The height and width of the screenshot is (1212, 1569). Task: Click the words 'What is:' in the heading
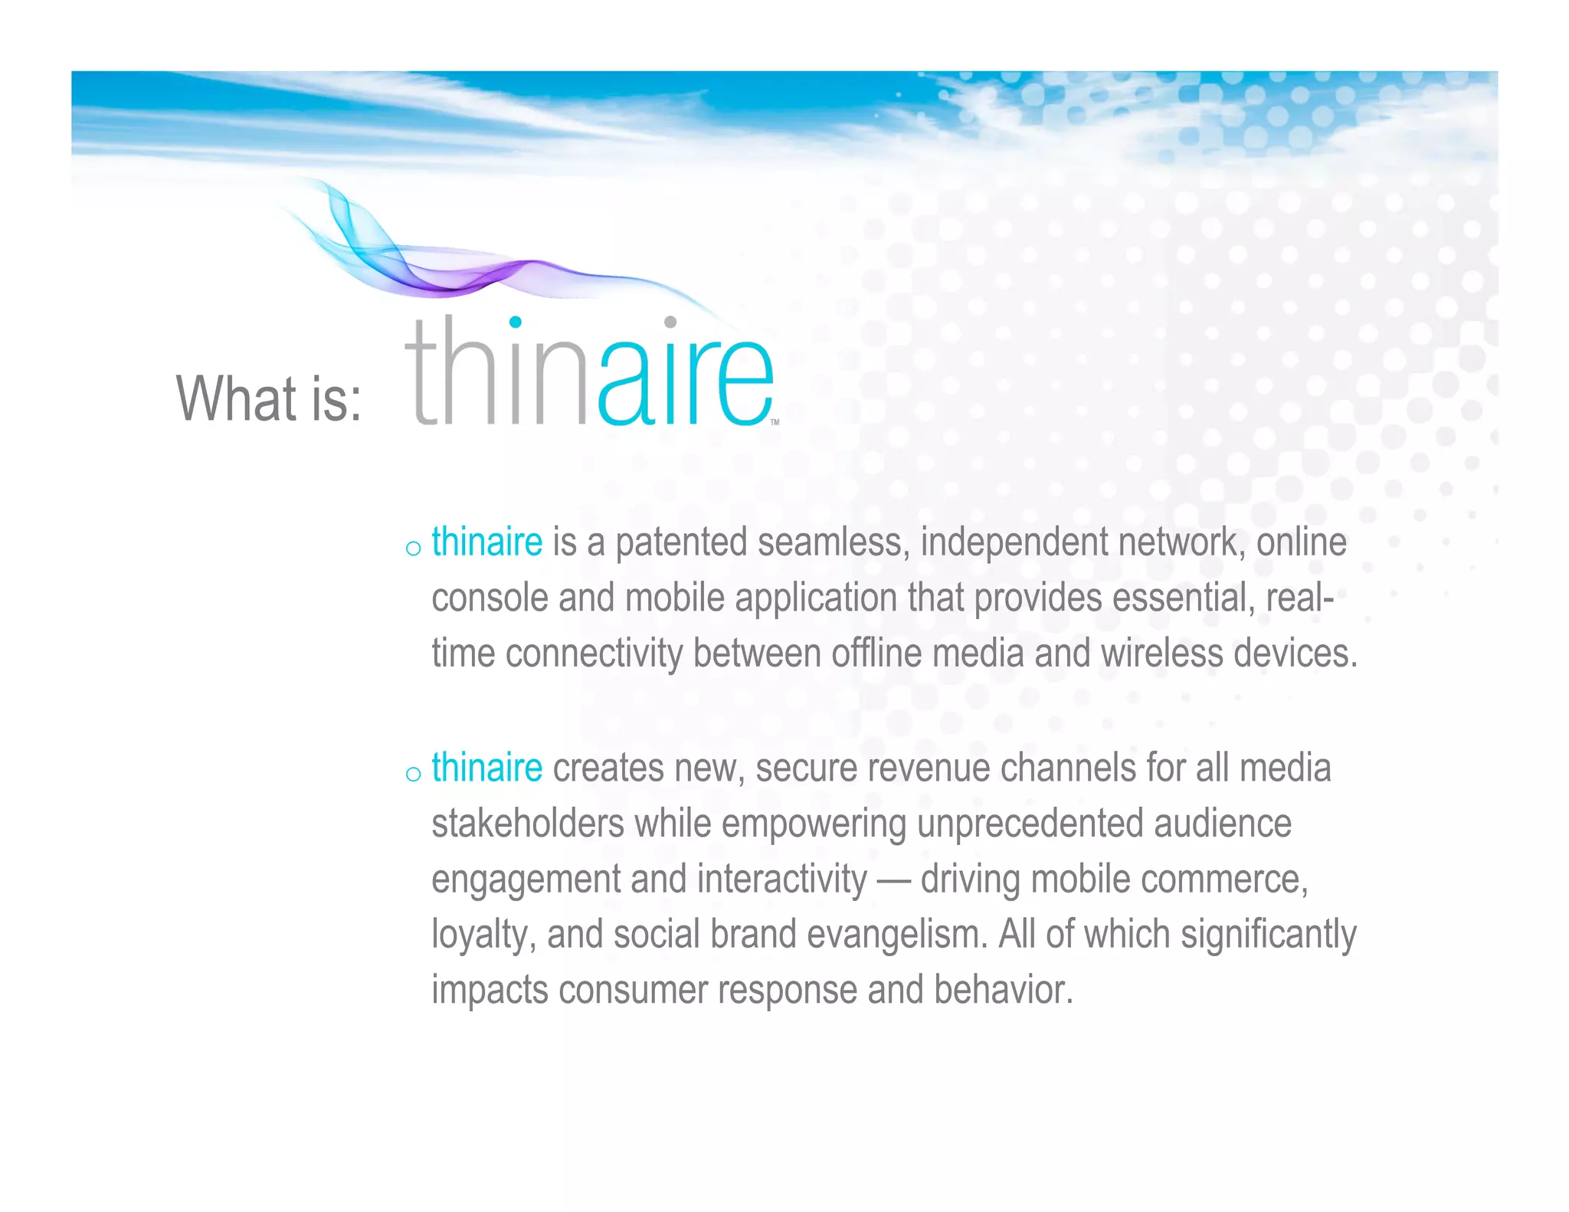(268, 398)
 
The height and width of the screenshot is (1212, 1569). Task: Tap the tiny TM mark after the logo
(775, 422)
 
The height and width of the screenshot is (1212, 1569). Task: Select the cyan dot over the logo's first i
(516, 322)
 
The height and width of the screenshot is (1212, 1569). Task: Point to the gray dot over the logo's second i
(670, 322)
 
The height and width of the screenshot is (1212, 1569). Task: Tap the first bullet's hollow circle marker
(413, 548)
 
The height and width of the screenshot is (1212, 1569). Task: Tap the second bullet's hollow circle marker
(413, 774)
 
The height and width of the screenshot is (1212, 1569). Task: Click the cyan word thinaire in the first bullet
(486, 542)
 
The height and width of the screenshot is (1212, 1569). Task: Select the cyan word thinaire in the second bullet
(486, 768)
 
